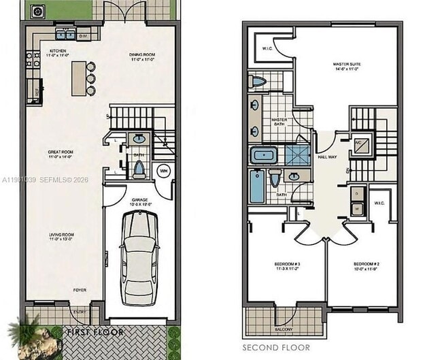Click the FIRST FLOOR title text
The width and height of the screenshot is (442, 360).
pyautogui.click(x=95, y=332)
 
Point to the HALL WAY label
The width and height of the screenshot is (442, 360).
pyautogui.click(x=328, y=157)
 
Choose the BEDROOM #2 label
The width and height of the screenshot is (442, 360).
pyautogui.click(x=365, y=265)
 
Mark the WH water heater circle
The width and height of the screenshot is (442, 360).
pyautogui.click(x=164, y=170)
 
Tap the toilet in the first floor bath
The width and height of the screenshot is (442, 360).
pyautogui.click(x=139, y=167)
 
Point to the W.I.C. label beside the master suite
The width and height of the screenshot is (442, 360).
pyautogui.click(x=267, y=49)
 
